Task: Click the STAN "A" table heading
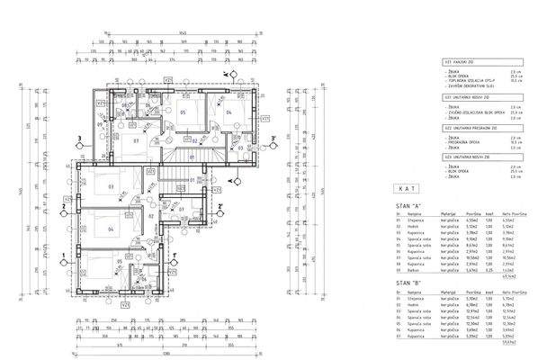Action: (x=408, y=205)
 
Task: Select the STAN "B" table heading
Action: (x=408, y=282)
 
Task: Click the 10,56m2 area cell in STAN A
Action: (x=507, y=255)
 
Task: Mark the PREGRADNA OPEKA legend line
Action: (x=464, y=141)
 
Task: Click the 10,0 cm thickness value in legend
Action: (x=515, y=81)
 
